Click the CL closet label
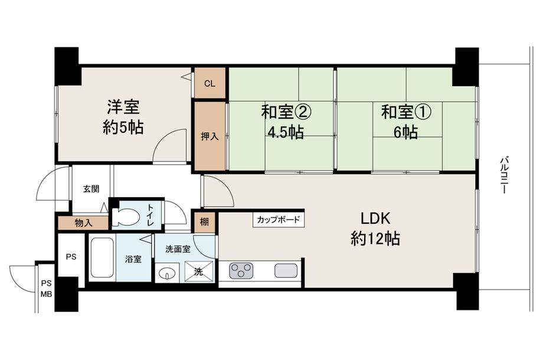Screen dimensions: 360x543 210,83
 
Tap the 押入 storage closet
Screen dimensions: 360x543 210,136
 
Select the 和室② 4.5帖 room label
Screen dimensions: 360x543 286,121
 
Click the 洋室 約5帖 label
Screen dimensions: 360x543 123,117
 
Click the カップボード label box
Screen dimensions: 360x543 279,220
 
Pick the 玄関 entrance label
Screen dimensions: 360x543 91,189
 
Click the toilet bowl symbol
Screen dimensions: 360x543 125,217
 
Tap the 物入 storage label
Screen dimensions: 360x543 83,223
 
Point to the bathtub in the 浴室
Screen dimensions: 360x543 102,258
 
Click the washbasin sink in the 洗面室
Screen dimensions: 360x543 168,273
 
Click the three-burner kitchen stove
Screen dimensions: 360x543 241,271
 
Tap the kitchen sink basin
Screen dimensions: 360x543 286,271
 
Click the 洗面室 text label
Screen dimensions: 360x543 178,249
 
